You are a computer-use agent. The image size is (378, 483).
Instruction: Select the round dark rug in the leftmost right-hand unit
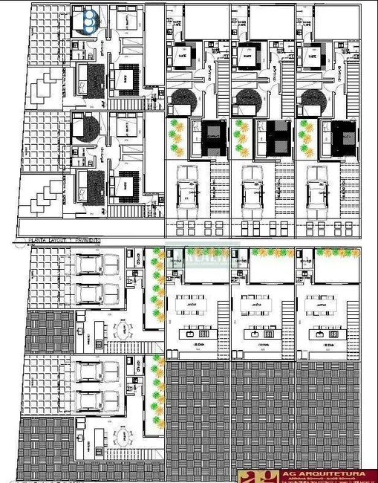(182, 100)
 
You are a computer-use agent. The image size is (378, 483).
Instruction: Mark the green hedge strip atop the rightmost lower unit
(338, 253)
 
